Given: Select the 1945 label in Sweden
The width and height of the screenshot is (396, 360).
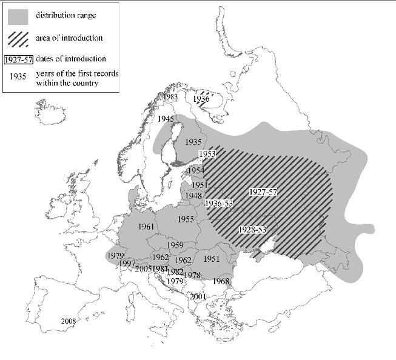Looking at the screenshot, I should pyautogui.click(x=166, y=119).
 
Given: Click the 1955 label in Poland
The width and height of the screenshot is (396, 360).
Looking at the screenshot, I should pyautogui.click(x=186, y=219).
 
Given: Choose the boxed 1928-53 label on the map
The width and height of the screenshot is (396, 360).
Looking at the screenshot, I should pyautogui.click(x=252, y=230).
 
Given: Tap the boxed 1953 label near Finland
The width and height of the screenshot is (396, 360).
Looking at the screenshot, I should pyautogui.click(x=207, y=155).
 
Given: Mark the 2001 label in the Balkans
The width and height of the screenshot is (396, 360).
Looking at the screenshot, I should pyautogui.click(x=199, y=296).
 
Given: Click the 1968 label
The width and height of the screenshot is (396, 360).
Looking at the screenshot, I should pyautogui.click(x=221, y=282).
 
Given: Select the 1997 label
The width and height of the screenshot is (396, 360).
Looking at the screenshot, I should pyautogui.click(x=127, y=263).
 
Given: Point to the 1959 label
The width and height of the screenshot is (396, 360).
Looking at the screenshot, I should pyautogui.click(x=175, y=245).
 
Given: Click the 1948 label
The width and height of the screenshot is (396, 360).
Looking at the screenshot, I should pyautogui.click(x=193, y=196).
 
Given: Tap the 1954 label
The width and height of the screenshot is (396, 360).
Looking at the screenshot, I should pyautogui.click(x=196, y=172).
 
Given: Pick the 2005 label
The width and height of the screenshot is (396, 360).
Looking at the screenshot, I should pyautogui.click(x=144, y=268).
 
